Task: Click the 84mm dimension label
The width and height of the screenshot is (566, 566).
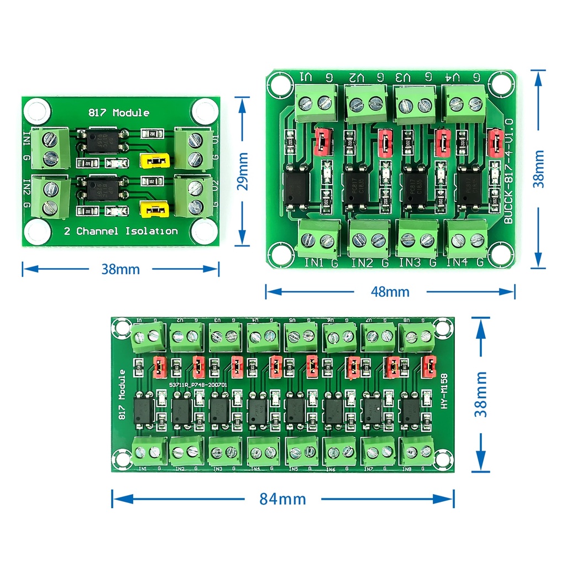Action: [282, 499]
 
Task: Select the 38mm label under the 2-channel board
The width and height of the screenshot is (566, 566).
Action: [120, 269]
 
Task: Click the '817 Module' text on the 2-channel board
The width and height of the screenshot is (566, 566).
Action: [119, 113]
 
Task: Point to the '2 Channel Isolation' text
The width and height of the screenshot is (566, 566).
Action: [120, 231]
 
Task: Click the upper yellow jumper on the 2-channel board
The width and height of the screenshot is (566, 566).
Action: [155, 161]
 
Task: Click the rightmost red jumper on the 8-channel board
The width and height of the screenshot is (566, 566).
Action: [428, 366]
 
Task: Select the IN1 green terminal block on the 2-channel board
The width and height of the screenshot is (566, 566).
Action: [51, 148]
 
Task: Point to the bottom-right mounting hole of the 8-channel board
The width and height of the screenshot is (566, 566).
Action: [442, 458]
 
